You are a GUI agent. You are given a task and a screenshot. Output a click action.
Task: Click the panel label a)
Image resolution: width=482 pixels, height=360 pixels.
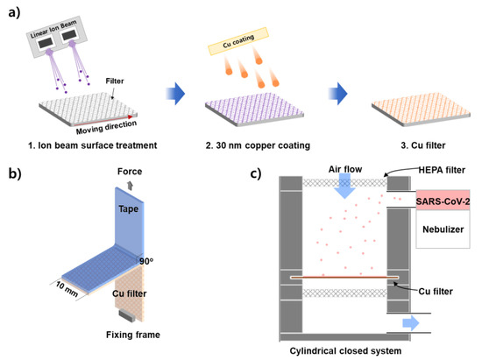coord(12,13)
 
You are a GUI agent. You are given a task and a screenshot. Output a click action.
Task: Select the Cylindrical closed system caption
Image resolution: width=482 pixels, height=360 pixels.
coord(344,351)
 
